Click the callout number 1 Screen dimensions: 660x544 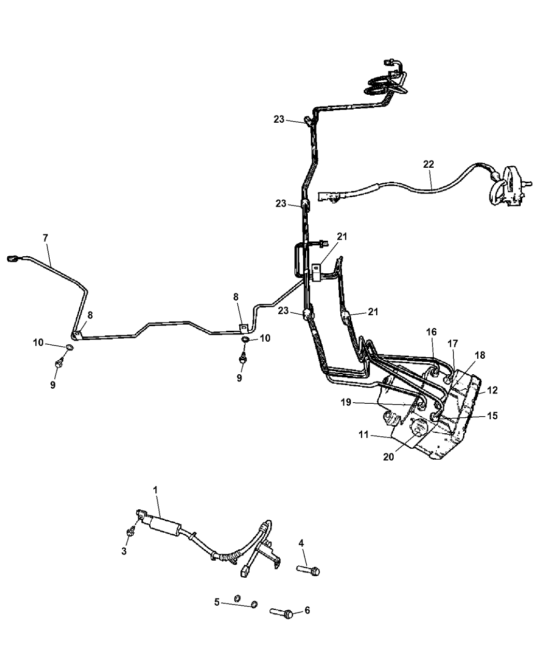point(155,489)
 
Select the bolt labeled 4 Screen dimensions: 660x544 point(309,570)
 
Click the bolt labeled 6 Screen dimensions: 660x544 point(282,613)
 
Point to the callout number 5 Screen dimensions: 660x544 point(217,602)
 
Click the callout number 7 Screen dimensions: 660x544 point(45,238)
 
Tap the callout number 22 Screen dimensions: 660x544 point(428,164)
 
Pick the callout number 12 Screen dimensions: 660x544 point(492,390)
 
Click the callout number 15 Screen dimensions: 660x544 point(492,415)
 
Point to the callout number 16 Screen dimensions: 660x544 point(432,331)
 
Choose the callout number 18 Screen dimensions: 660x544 point(480,355)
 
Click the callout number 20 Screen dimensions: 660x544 point(389,457)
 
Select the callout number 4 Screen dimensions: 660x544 point(302,543)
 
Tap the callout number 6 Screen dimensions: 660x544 point(307,611)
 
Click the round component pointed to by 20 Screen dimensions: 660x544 point(418,428)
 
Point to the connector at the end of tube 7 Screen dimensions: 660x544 point(12,258)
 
